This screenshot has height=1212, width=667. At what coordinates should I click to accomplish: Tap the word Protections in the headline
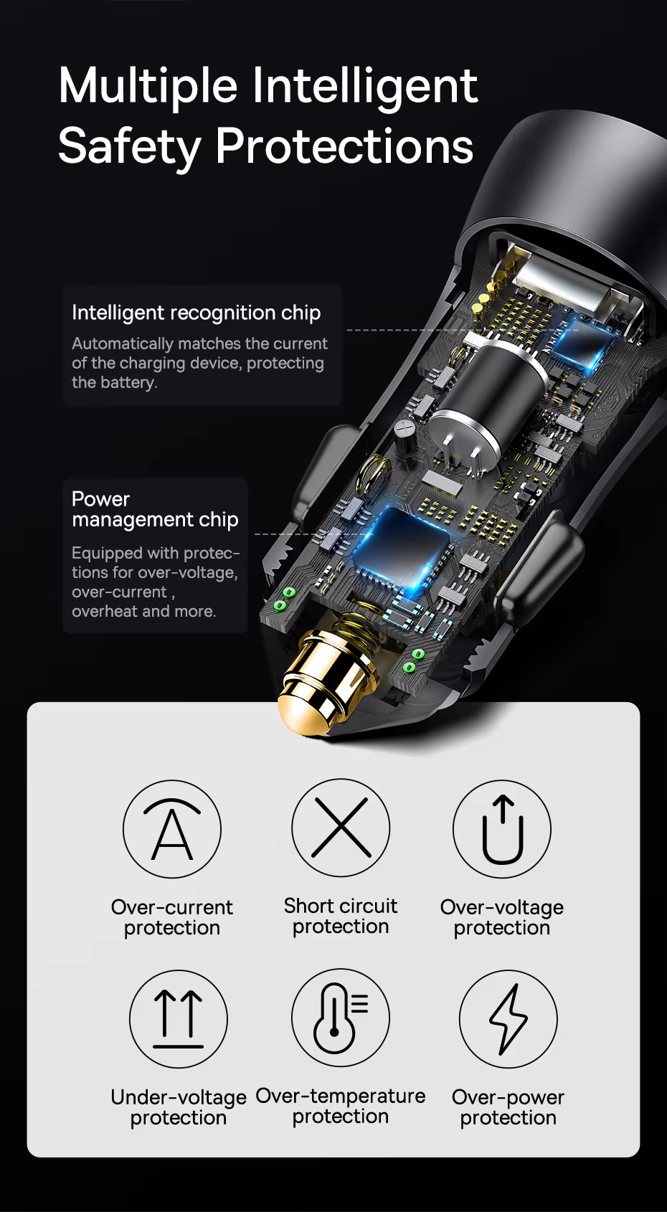(344, 146)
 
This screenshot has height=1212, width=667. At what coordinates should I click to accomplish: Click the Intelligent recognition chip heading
(196, 313)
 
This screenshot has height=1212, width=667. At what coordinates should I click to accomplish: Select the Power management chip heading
(155, 509)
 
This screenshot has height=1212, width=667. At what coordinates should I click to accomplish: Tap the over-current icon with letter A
(172, 828)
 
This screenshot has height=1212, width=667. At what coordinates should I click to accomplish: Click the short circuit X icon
(341, 828)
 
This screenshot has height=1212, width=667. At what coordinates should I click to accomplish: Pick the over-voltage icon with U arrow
(502, 828)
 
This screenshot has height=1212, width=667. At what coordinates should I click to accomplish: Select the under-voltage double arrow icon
(179, 1019)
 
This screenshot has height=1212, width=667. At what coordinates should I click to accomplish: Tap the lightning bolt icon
(508, 1019)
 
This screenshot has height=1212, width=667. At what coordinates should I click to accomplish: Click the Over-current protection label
(172, 917)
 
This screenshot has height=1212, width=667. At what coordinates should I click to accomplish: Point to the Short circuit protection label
(341, 916)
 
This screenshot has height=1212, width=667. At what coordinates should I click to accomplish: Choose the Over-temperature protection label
(341, 1105)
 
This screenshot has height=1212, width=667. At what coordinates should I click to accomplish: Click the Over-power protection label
(508, 1107)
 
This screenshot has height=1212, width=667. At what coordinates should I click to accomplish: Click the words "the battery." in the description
(115, 382)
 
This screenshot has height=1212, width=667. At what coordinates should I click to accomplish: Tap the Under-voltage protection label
(179, 1107)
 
